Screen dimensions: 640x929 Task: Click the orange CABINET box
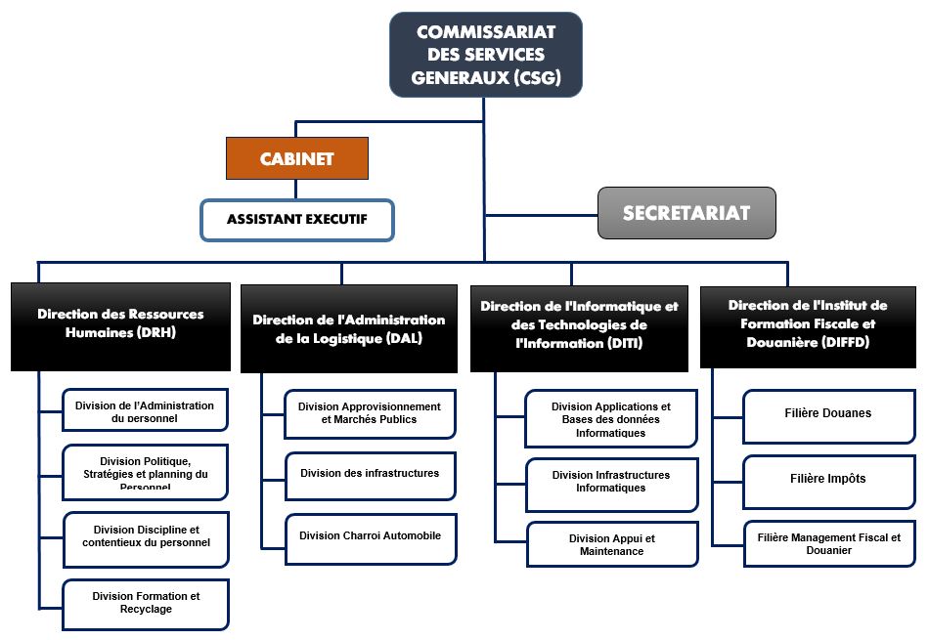click(x=296, y=159)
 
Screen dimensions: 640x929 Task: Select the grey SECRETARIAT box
click(x=686, y=213)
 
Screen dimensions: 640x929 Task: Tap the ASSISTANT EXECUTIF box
click(x=296, y=221)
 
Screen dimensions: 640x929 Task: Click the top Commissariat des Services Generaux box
click(x=485, y=55)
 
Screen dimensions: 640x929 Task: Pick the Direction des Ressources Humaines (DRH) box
click(x=120, y=326)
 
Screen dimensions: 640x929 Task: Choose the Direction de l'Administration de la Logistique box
click(x=348, y=328)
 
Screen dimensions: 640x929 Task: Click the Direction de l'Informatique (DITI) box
click(x=579, y=326)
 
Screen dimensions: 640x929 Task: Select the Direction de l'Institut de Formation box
click(x=808, y=326)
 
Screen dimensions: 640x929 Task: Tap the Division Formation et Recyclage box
click(x=146, y=604)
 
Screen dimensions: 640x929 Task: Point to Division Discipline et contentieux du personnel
click(x=146, y=538)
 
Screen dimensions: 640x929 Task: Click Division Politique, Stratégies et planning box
click(x=146, y=473)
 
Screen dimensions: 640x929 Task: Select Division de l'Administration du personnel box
click(x=146, y=410)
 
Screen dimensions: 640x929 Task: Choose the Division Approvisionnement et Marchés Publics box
click(x=370, y=414)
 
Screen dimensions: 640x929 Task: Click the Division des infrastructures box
click(x=370, y=475)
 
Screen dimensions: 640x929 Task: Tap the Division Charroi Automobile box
click(x=370, y=538)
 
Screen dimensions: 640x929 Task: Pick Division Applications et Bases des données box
click(x=611, y=419)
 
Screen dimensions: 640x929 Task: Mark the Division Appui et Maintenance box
click(x=612, y=545)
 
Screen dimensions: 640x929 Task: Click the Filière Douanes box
click(x=829, y=415)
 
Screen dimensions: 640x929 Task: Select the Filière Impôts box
click(x=829, y=481)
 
